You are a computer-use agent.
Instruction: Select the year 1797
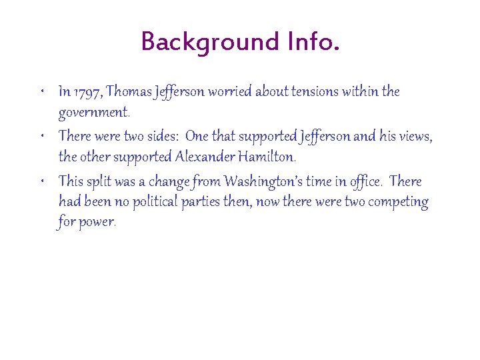click(x=88, y=91)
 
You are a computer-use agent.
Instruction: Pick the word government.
click(x=93, y=112)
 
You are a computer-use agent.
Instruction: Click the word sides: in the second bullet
click(x=157, y=137)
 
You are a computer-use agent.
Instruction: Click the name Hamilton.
click(x=268, y=157)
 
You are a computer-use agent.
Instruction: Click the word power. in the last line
click(x=98, y=223)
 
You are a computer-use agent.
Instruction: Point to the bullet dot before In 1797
click(x=43, y=89)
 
